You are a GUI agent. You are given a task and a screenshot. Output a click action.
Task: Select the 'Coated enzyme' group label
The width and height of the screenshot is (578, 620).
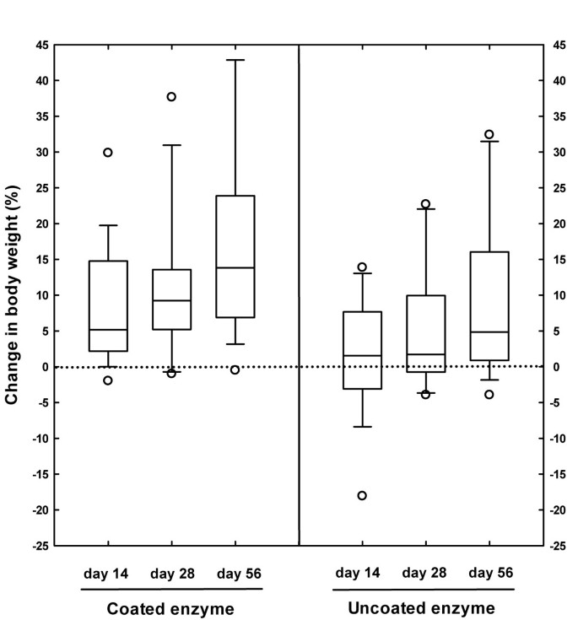(x=171, y=607)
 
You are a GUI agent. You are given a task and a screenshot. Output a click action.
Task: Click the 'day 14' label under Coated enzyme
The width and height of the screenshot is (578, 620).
(x=106, y=574)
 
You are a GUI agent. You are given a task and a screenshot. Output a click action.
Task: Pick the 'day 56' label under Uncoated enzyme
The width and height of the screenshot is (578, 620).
(x=489, y=574)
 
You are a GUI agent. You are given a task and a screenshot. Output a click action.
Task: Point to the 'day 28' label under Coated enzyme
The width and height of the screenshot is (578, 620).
(x=171, y=574)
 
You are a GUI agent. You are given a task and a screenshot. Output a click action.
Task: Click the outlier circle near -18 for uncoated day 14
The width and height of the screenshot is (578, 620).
(x=362, y=495)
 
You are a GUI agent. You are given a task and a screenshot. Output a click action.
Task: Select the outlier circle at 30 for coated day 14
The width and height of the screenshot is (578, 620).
(x=107, y=153)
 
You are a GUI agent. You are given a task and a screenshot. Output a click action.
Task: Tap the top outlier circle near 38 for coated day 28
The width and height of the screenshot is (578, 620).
(x=171, y=97)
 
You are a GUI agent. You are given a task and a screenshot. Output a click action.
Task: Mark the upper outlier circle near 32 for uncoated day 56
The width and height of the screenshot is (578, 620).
(x=489, y=134)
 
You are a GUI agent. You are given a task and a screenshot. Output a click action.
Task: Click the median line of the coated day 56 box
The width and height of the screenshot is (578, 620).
(x=235, y=267)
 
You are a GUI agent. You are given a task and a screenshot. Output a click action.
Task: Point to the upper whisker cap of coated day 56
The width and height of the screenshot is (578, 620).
(x=235, y=60)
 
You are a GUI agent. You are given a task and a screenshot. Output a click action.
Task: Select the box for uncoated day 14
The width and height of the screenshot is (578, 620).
(x=362, y=350)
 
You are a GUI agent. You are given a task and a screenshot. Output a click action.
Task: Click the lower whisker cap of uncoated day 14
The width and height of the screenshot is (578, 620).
(x=362, y=427)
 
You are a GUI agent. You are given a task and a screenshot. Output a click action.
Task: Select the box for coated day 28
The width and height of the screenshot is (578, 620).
(x=171, y=299)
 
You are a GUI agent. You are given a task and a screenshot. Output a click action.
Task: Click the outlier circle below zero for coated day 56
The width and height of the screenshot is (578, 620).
(x=235, y=369)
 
